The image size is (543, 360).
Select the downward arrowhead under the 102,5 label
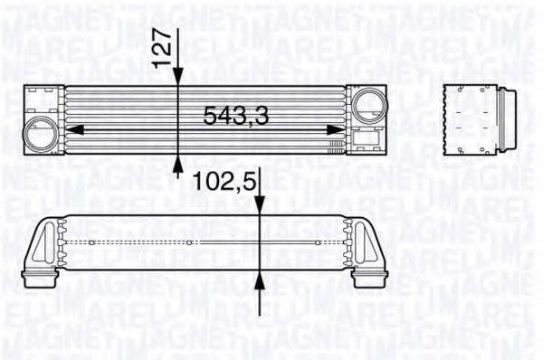(261, 210)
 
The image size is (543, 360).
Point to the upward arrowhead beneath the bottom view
(261, 281)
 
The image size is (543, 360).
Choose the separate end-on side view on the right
(481, 117)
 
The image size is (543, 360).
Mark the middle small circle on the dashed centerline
(188, 242)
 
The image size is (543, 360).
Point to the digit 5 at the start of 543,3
(209, 116)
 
